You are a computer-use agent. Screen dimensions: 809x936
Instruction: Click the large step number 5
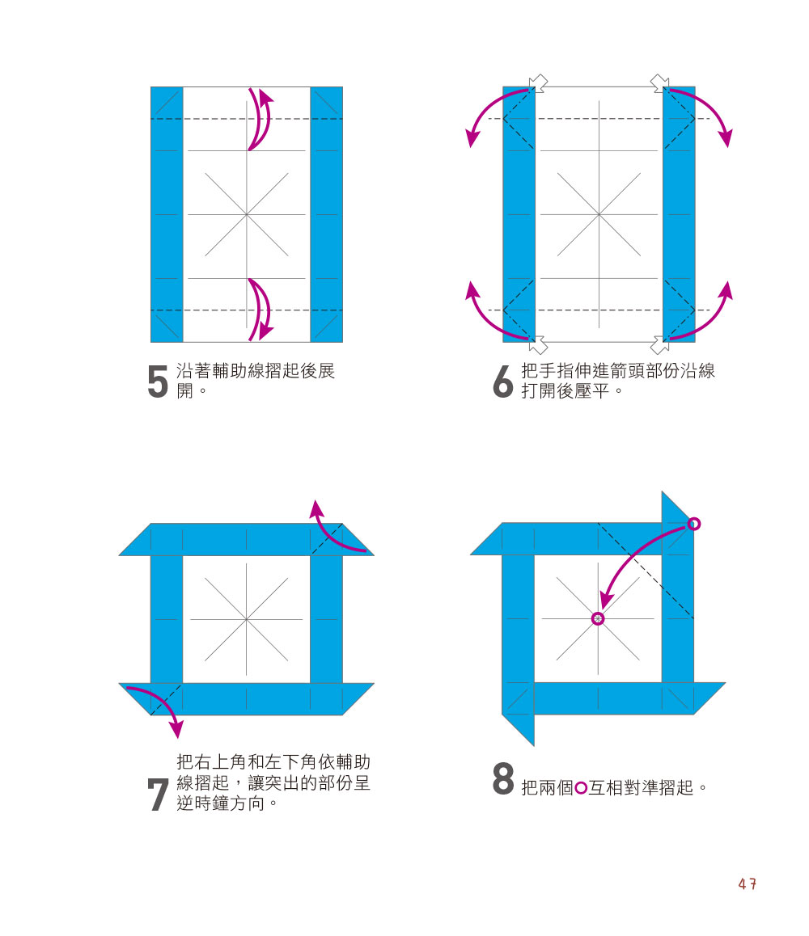158,382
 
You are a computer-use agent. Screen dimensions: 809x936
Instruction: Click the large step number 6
503,382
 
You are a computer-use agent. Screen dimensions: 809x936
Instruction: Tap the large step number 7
158,795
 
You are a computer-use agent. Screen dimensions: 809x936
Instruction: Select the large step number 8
503,778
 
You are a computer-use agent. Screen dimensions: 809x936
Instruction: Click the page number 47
748,883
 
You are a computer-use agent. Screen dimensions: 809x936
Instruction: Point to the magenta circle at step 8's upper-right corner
693,524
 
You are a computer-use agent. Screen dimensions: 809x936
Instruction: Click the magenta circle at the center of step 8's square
598,618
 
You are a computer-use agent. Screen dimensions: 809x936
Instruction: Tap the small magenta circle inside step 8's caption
581,788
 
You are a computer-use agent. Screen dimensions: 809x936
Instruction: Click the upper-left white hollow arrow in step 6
538,83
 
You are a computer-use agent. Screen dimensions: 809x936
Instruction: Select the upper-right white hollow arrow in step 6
659,83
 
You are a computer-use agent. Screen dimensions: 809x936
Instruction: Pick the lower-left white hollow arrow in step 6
538,345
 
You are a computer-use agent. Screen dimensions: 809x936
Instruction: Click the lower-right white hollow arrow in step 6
659,345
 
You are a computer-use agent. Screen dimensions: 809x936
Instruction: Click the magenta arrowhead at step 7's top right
316,509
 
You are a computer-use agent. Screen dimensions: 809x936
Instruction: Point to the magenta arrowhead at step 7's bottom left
176,729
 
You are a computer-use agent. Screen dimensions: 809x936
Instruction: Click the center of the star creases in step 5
246,214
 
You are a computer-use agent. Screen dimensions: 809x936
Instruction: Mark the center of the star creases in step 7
246,619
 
